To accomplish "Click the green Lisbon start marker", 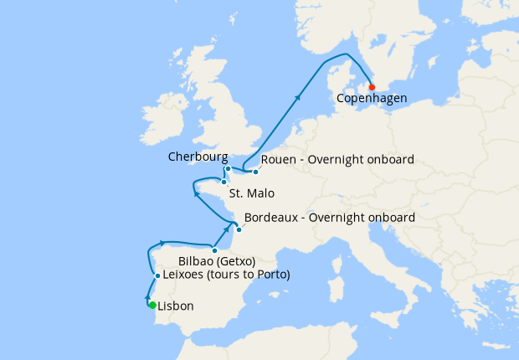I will point(152,305).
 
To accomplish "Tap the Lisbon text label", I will point(176,306).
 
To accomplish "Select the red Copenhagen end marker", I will point(372,87).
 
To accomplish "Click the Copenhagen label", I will point(372,99).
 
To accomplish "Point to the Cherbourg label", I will point(198,157).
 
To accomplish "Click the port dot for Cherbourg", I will point(228,168).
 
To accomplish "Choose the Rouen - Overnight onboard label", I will point(337,160).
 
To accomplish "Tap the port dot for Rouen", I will point(255,172).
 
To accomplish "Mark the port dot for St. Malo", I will point(224,182).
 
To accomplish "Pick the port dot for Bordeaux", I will point(239,229).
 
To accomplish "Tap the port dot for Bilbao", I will point(215,250).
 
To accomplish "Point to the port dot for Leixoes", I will point(157,275).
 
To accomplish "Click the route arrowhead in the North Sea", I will point(298,97).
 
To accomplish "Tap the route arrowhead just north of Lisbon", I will point(148,297).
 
